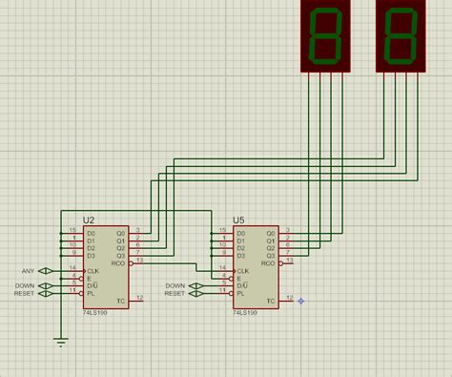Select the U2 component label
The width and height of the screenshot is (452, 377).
point(89,220)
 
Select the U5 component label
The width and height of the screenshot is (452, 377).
point(239,220)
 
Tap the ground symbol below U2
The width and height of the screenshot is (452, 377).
point(62,341)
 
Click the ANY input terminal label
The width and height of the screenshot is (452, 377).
point(28,271)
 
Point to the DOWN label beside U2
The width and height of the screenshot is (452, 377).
point(25,284)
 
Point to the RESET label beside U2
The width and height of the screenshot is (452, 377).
point(24,293)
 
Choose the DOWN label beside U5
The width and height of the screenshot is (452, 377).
point(175,285)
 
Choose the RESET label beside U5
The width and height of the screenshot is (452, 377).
point(174,294)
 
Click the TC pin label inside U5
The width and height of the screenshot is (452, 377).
point(270,302)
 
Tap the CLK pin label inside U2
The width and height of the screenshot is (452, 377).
point(92,271)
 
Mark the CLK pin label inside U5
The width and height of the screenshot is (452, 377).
point(242,271)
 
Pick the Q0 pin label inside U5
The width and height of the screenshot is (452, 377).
point(271,233)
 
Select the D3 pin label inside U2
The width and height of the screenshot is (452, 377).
point(92,255)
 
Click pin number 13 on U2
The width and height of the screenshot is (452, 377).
point(139,260)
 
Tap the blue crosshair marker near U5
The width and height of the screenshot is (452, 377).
point(300,301)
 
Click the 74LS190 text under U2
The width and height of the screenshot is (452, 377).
point(95,312)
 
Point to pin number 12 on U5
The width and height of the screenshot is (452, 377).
point(290,298)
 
